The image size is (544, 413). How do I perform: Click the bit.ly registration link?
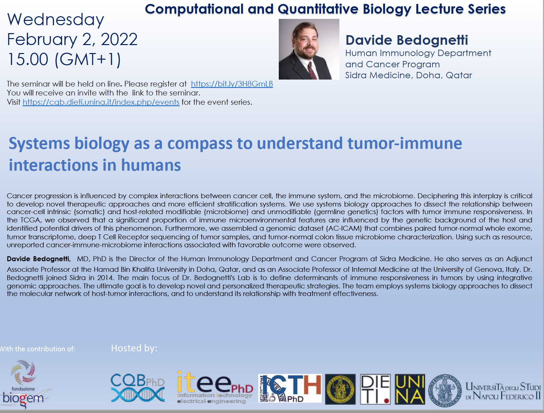tap(232, 84)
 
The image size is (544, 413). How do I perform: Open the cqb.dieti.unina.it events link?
tap(101, 102)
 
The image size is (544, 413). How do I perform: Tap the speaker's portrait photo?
tap(309, 49)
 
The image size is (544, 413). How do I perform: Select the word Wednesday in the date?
tap(56, 20)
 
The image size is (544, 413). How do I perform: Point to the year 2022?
tap(119, 39)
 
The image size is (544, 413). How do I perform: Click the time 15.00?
tap(28, 60)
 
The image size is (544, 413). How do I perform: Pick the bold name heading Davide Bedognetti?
tap(407, 40)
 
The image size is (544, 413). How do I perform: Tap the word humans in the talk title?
tap(151, 165)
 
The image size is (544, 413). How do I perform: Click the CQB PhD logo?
tap(138, 387)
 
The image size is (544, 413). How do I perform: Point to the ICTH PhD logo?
tap(290, 388)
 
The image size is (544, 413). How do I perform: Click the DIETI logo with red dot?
tap(375, 389)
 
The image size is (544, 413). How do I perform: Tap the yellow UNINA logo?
tap(410, 389)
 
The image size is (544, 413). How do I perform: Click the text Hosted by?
tap(134, 348)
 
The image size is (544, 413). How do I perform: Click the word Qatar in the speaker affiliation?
tap(459, 75)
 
